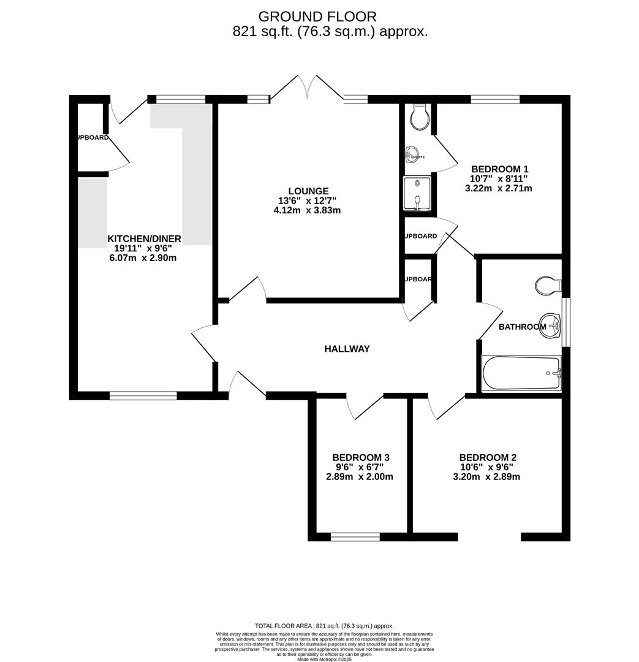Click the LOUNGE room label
click(309, 191)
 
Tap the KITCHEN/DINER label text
click(145, 238)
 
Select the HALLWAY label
click(347, 349)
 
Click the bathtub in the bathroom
click(521, 373)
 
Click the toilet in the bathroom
click(548, 285)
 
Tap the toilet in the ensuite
click(419, 117)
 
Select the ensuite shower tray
click(417, 193)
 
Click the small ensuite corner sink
click(412, 154)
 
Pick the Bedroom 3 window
click(355, 537)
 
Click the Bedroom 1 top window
click(495, 99)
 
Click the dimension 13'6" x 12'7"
click(307, 200)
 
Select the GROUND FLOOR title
click(317, 17)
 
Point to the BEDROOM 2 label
click(488, 457)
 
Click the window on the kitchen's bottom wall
click(143, 396)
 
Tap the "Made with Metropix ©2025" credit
click(325, 659)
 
